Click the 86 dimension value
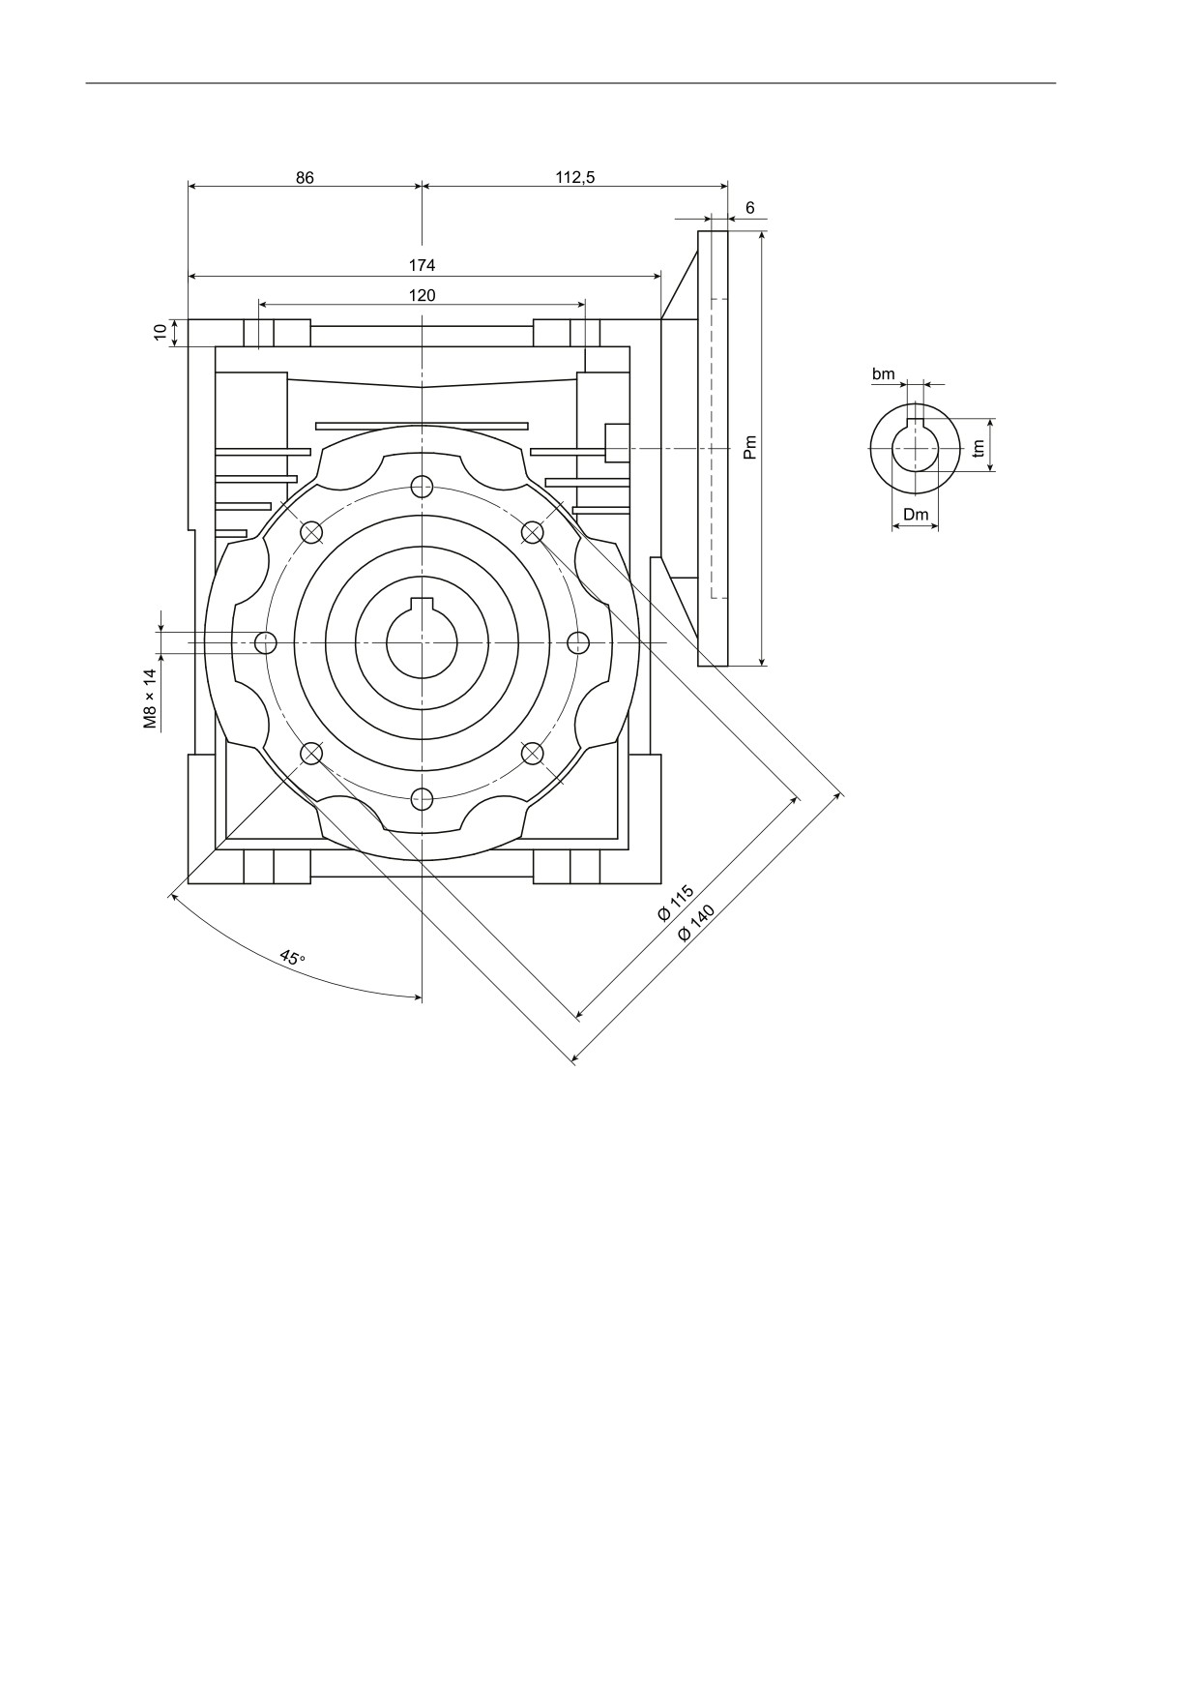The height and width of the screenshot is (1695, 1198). [305, 177]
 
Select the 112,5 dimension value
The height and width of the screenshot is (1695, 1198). [574, 177]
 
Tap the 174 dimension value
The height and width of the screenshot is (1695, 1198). [423, 265]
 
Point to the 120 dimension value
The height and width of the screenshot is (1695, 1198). [423, 296]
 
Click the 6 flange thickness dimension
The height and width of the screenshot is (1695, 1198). [749, 207]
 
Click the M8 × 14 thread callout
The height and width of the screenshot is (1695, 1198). [150, 698]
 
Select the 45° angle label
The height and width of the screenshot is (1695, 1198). [292, 959]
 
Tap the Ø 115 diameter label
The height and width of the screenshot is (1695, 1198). [676, 901]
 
